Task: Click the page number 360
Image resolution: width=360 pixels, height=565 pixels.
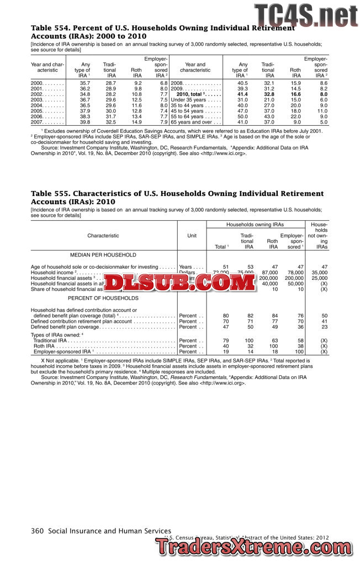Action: click(37, 531)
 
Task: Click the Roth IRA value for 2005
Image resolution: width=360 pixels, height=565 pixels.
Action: click(136, 111)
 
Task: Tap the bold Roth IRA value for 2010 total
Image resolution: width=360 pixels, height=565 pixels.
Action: click(295, 94)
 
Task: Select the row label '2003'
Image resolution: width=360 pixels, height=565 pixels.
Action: click(37, 100)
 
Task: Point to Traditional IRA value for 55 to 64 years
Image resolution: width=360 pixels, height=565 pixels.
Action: click(268, 116)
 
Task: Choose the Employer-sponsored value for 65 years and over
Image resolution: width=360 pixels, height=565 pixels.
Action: click(324, 122)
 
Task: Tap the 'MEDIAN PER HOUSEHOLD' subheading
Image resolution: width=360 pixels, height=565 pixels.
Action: click(103, 255)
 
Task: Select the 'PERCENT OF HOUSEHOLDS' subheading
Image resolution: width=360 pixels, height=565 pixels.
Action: click(103, 299)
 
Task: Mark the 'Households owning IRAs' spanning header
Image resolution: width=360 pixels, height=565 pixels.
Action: click(255, 225)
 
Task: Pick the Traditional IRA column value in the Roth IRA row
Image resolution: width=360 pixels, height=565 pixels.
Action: click(249, 346)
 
